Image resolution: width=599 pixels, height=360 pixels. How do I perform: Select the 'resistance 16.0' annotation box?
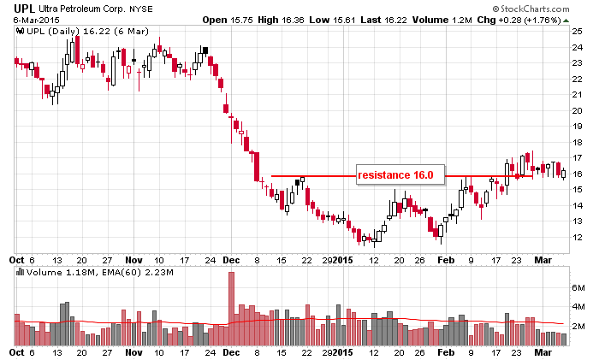pyautogui.click(x=397, y=174)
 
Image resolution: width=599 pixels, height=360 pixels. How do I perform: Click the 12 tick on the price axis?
pyautogui.click(x=578, y=237)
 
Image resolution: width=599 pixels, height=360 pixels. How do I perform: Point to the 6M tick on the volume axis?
pyautogui.click(x=578, y=289)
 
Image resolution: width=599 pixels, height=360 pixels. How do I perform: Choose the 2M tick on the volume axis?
pyautogui.click(x=578, y=327)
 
